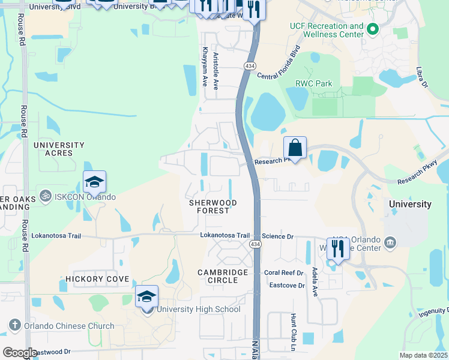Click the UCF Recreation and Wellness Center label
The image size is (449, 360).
327,30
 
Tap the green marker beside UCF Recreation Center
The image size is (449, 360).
373,28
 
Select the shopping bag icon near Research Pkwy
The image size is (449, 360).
295,147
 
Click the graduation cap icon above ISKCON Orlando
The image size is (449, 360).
94,181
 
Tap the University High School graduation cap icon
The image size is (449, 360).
146,296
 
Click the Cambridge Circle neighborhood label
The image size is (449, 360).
223,277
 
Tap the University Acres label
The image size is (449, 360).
59,149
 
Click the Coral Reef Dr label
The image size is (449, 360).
284,272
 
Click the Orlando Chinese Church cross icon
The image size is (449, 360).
15,326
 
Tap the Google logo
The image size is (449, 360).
19,353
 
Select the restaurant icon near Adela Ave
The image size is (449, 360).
338,248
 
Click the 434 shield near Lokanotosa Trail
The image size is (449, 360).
255,244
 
